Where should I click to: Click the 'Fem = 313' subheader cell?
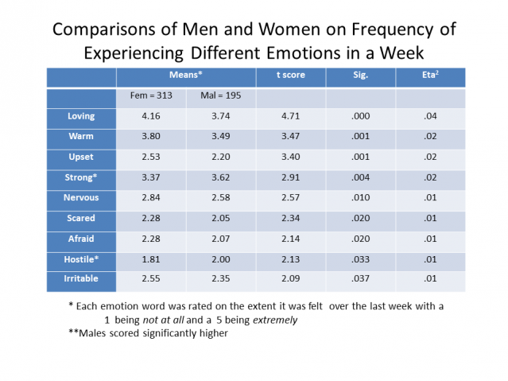(x=151, y=96)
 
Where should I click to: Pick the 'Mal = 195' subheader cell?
(x=219, y=96)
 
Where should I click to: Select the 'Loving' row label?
(x=81, y=117)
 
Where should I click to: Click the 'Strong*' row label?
(x=81, y=177)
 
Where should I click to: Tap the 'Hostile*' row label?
(x=81, y=259)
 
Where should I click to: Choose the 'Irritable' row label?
(x=81, y=278)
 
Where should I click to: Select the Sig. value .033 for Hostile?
(x=360, y=259)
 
